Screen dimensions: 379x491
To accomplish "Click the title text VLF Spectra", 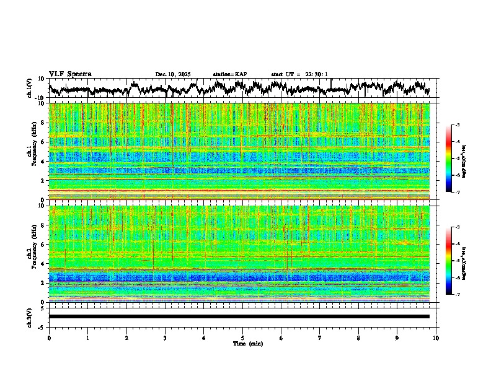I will (x=70, y=74).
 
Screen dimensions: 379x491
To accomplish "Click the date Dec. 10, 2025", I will (x=173, y=74).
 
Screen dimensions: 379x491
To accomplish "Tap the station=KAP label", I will (x=230, y=74).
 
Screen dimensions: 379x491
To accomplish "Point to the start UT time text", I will (x=299, y=74).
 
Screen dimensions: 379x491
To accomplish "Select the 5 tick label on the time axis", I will (x=242, y=338).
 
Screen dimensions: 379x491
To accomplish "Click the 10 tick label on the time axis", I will (x=436, y=338).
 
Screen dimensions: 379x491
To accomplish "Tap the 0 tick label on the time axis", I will (x=49, y=338).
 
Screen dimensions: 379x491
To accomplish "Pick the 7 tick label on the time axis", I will (x=320, y=338).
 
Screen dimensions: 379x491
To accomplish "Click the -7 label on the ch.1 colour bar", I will (x=458, y=192).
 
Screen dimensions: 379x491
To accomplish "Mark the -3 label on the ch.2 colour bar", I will (x=458, y=228).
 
